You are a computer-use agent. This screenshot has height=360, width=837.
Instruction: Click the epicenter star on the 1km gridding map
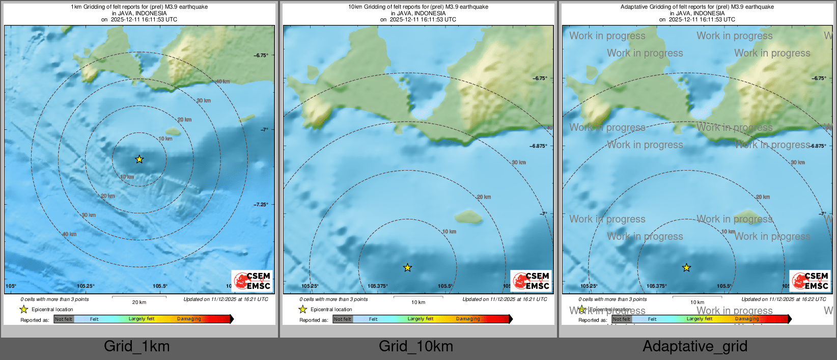139,159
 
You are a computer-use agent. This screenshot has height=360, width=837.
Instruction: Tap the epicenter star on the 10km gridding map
407,267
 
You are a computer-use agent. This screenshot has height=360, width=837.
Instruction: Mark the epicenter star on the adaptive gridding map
686,267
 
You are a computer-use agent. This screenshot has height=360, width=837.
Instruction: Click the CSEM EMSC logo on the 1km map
252,281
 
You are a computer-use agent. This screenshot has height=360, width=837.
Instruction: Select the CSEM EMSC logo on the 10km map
531,281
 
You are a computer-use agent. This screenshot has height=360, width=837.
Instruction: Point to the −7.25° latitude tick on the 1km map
261,204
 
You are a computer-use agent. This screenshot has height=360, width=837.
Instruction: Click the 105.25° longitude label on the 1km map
86,286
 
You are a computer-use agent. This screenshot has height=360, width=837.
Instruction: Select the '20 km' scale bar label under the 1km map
139,302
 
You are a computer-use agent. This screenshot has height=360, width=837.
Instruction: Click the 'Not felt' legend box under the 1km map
64,319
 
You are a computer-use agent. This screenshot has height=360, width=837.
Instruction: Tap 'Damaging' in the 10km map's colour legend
468,319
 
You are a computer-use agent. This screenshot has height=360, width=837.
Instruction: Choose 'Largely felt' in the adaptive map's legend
700,319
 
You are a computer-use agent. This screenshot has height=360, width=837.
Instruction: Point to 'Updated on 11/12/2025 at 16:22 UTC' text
784,299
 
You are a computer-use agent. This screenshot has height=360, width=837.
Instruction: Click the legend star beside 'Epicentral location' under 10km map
303,310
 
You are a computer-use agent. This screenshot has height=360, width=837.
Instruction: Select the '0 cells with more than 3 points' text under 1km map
54,299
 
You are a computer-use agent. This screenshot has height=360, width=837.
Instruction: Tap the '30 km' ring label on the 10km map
519,162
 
